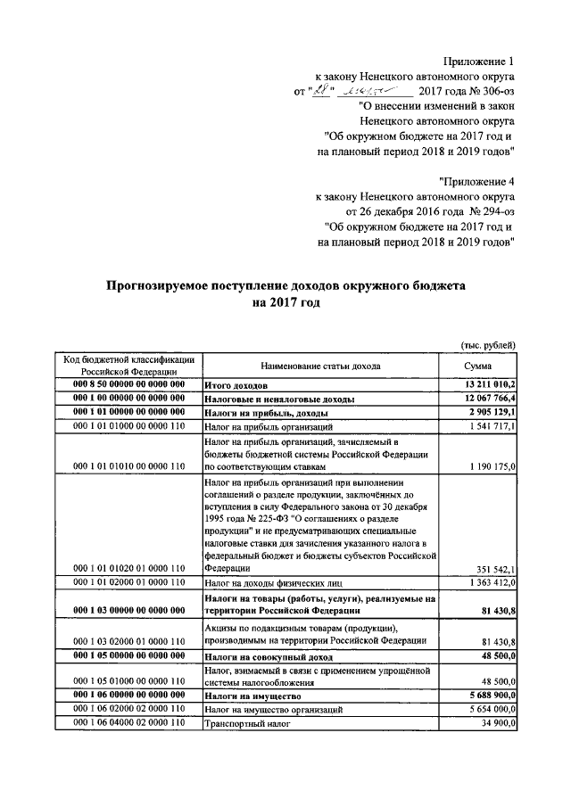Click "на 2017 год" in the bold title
tap(285, 303)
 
